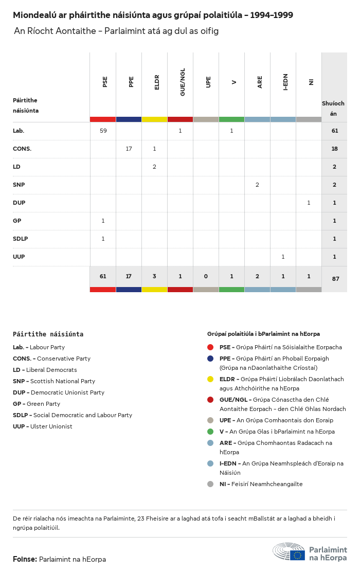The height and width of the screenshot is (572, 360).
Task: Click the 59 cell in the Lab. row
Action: click(103, 131)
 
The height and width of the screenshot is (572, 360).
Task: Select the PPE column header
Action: click(131, 81)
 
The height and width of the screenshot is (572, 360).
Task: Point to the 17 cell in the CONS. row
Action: click(129, 149)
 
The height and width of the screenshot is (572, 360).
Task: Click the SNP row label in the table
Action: click(19, 185)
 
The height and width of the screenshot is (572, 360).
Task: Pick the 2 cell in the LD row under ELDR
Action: click(154, 167)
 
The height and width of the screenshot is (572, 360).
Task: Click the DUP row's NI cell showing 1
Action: click(309, 203)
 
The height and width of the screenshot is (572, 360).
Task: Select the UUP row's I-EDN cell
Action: click(283, 257)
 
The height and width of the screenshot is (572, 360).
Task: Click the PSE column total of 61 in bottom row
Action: click(103, 276)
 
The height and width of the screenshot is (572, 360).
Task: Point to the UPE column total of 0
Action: click(206, 276)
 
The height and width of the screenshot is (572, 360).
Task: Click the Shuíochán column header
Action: click(333, 108)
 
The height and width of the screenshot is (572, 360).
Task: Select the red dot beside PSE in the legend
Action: click(210, 347)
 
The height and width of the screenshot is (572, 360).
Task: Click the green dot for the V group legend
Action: click(210, 432)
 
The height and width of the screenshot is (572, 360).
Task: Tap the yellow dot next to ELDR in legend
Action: click(210, 379)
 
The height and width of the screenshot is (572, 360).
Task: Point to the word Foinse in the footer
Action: click(24, 559)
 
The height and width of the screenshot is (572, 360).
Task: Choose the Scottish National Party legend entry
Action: click(54, 381)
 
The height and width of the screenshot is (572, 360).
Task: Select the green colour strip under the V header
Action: click(231, 119)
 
